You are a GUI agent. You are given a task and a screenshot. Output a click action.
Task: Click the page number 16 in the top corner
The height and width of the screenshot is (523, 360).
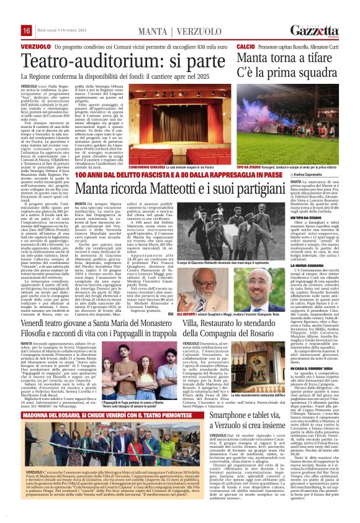[x=27, y=31]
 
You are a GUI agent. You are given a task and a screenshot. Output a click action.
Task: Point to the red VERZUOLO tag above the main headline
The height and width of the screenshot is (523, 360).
[x=35, y=47]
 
